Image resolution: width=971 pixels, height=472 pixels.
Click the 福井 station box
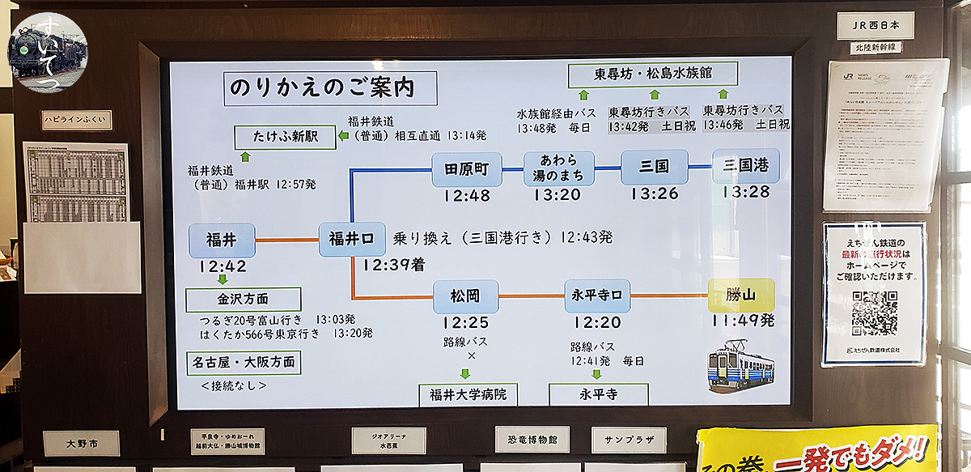click(x=222, y=240)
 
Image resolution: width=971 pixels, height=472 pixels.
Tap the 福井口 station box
click(x=352, y=239)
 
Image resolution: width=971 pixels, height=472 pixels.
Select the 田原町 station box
click(x=467, y=168)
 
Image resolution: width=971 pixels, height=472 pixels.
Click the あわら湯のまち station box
click(x=559, y=168)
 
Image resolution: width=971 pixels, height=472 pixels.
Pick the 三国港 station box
click(x=746, y=166)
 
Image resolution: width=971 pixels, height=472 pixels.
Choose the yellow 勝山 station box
click(x=741, y=296)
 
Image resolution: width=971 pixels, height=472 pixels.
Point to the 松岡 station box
click(x=465, y=296)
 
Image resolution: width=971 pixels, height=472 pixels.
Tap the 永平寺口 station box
click(x=598, y=296)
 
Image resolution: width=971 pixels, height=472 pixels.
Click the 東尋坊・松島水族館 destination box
click(x=653, y=74)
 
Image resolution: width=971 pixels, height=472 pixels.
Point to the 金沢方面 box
click(x=243, y=300)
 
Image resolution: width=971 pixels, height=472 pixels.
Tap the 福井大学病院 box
click(x=469, y=396)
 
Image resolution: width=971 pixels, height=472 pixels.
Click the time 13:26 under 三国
click(x=654, y=194)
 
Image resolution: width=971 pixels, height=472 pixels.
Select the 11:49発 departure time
click(x=744, y=321)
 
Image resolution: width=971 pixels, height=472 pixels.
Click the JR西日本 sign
click(x=876, y=26)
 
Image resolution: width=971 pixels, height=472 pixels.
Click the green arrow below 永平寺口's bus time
click(x=597, y=374)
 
